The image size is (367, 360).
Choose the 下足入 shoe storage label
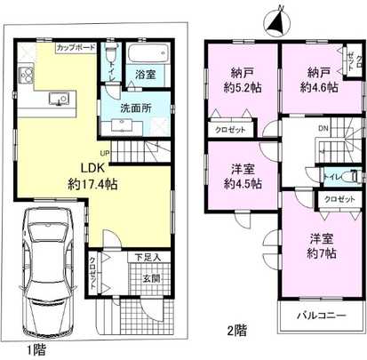pyautogui.click(x=147, y=258)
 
